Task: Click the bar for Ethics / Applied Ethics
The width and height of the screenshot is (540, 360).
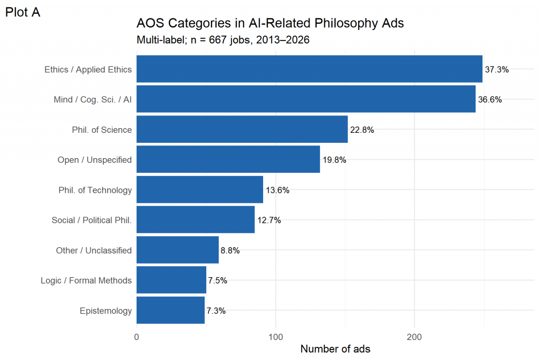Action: tap(309, 69)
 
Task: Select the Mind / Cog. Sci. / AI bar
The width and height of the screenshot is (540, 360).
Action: tap(306, 99)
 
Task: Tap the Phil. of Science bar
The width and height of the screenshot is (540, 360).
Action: tap(242, 130)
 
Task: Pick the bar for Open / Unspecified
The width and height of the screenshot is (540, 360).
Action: tap(228, 159)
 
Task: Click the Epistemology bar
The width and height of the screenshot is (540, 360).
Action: tap(170, 310)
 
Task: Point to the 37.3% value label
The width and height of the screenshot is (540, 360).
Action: tap(497, 70)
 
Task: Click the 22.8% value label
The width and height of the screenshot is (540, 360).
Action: tap(362, 130)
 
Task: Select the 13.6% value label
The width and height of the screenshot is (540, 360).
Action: tap(277, 190)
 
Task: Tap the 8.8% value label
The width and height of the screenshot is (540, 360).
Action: tap(230, 250)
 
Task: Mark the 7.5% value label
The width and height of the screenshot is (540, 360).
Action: tap(218, 280)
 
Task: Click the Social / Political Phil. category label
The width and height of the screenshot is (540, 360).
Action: tap(92, 220)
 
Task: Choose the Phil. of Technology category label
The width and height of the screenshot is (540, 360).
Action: tap(95, 190)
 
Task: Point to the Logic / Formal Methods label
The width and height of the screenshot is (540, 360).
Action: tap(86, 280)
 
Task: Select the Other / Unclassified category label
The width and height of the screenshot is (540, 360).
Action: tap(94, 250)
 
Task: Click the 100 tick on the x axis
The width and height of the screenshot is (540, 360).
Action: tap(275, 337)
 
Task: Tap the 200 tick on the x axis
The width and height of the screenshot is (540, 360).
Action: tap(414, 337)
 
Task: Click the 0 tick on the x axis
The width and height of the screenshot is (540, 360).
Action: tap(137, 337)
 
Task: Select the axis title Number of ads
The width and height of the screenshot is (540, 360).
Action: tap(335, 349)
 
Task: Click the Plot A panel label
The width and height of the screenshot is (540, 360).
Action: tap(23, 13)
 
